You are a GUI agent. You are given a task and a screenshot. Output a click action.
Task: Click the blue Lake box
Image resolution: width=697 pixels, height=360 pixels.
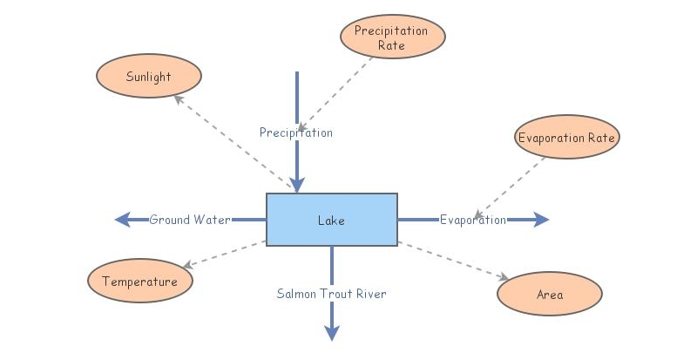[331, 220]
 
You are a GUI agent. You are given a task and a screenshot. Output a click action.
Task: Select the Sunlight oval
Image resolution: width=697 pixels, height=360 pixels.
[148, 77]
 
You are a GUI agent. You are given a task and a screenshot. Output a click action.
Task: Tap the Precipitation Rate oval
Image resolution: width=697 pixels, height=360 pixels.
[391, 37]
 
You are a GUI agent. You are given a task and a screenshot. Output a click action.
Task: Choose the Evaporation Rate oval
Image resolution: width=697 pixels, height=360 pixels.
[566, 138]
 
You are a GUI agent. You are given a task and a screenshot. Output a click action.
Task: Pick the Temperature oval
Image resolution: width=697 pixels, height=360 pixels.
[139, 282]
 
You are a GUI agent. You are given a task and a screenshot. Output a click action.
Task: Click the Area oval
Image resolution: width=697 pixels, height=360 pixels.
[549, 294]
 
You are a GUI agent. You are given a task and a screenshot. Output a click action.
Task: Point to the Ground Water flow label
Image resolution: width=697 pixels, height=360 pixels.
[189, 220]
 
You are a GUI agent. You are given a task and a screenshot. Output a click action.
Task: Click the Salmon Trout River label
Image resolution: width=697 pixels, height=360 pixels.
[331, 294]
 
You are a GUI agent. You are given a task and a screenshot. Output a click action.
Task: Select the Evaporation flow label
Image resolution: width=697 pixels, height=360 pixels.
[472, 220]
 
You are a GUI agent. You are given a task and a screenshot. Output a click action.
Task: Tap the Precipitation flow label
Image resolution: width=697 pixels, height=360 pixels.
[296, 132]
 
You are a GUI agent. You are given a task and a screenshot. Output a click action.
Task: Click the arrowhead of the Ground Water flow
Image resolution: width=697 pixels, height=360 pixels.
[122, 220]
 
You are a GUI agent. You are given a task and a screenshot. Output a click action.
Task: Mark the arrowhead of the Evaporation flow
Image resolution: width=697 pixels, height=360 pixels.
[542, 220]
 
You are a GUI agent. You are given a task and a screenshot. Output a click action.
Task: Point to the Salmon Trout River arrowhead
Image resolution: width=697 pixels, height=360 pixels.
[331, 332]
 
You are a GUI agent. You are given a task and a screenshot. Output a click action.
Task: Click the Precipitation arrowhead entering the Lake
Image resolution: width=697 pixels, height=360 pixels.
[297, 185]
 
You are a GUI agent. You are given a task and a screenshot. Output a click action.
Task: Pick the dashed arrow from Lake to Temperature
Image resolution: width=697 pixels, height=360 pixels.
[223, 254]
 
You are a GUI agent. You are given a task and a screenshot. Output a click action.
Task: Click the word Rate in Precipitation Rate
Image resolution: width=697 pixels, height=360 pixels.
[391, 45]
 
